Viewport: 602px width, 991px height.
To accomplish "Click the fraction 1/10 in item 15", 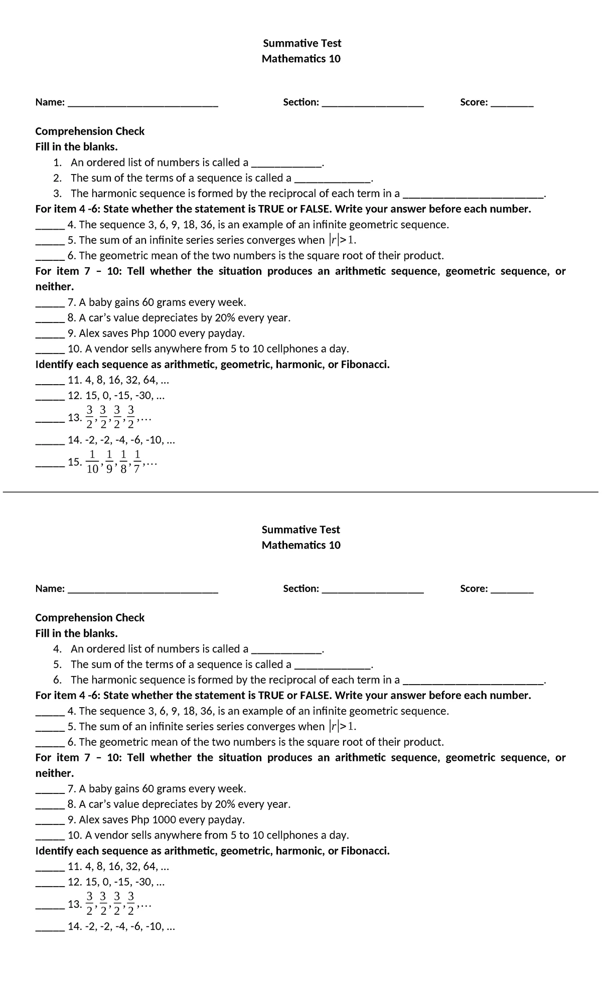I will [92, 462].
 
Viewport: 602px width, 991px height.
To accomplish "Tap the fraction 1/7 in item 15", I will [137, 462].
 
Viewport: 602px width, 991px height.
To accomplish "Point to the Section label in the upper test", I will [300, 102].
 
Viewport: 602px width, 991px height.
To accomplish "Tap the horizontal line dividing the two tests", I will [301, 492].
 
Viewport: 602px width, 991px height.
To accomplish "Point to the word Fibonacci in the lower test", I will [365, 851].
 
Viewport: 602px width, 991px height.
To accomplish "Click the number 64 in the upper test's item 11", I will [149, 380].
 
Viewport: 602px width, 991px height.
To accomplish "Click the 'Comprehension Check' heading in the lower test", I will [90, 618].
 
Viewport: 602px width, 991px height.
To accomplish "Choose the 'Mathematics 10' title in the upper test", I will [301, 59].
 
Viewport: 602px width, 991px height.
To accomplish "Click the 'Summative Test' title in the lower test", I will [301, 530].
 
